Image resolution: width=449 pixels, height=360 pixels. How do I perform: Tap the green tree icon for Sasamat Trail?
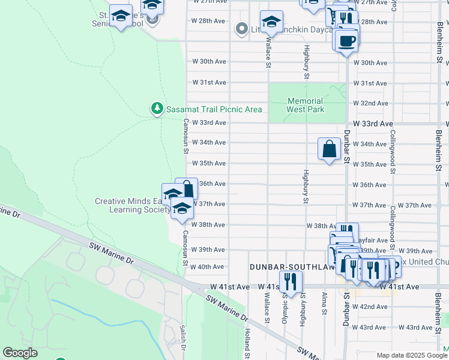(x=157, y=109)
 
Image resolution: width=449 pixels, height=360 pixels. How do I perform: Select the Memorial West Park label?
(x=305, y=106)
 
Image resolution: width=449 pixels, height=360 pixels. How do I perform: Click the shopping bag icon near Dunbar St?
(x=330, y=148)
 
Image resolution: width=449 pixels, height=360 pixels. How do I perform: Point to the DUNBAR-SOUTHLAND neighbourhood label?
(x=288, y=266)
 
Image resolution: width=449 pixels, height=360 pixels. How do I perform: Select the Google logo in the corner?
(x=20, y=353)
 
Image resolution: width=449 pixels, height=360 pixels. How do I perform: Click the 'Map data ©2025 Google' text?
(x=411, y=355)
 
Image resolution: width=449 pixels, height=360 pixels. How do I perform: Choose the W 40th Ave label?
(x=208, y=267)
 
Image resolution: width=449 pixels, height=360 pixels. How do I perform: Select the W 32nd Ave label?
(x=370, y=103)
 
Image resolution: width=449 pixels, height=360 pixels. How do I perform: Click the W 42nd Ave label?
(x=370, y=307)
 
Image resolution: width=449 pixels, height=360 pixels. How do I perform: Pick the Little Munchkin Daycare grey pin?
(x=242, y=28)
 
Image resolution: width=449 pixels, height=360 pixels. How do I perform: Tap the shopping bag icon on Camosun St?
(x=187, y=188)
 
